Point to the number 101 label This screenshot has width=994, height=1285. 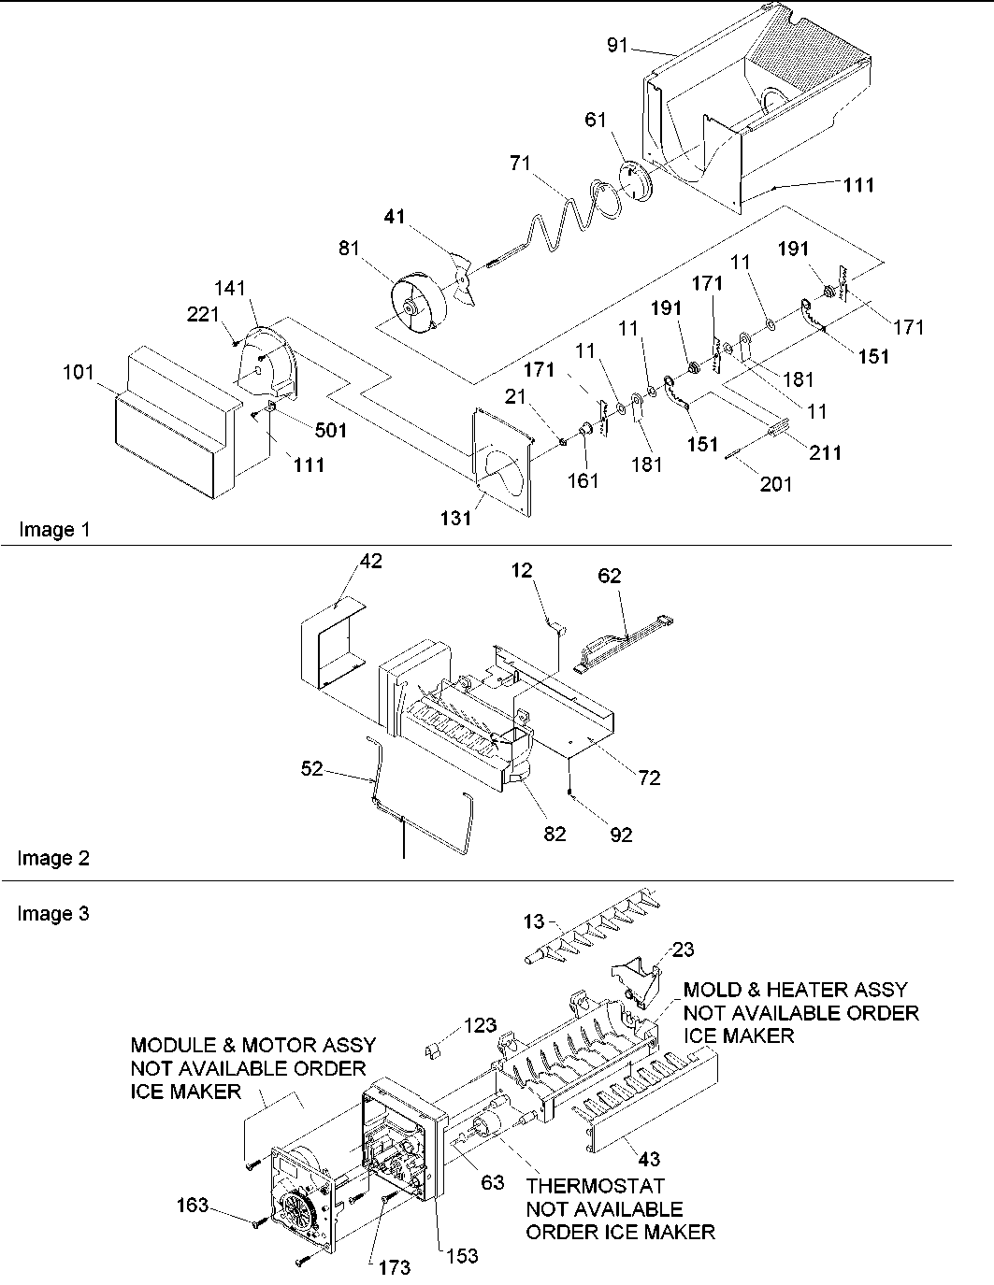point(79,373)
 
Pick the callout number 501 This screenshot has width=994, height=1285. point(330,430)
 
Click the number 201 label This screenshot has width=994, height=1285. point(776,483)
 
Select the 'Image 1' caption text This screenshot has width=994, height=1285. point(54,530)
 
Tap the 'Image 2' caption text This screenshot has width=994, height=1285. point(54,858)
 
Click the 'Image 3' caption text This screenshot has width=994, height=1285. point(54,913)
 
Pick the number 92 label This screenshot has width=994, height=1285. point(620,834)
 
